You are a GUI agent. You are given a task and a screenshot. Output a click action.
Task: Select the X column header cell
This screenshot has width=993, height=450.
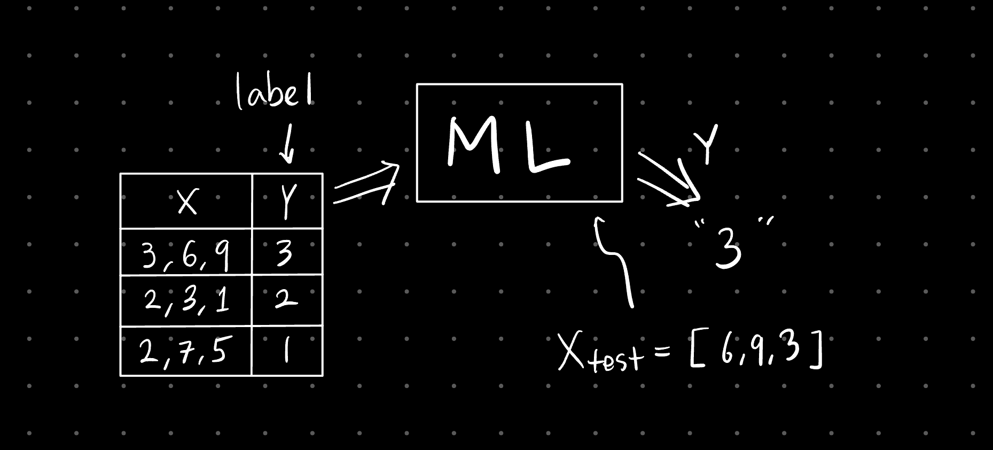[186, 201]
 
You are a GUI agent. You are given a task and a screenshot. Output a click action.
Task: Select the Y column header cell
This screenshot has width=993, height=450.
[287, 201]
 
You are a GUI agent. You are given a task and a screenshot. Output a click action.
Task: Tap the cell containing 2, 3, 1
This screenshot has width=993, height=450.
[186, 301]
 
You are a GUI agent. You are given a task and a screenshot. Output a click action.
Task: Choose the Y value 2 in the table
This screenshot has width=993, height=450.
[286, 300]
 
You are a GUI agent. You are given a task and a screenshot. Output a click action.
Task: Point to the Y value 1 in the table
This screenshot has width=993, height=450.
[287, 351]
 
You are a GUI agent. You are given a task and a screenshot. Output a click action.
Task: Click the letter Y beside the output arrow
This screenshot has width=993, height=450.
[706, 144]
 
